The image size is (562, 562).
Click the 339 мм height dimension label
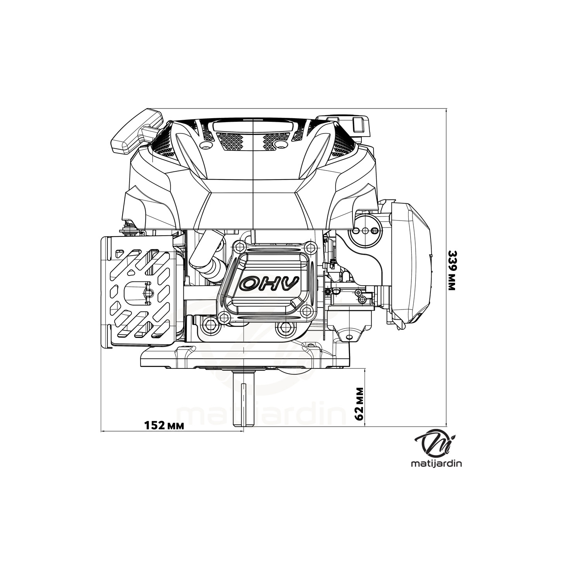(452, 270)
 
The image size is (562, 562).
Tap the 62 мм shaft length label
(360, 404)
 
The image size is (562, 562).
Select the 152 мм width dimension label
(164, 425)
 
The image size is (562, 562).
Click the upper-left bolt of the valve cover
(237, 247)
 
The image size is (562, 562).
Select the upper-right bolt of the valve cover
(310, 247)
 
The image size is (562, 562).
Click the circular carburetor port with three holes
(365, 230)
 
